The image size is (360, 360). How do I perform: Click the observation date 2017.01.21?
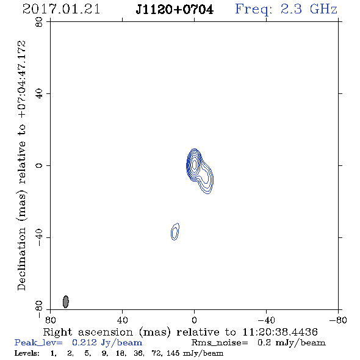[x=61, y=9]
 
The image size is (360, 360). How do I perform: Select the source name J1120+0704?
[x=175, y=10]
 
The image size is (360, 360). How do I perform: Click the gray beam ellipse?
[x=66, y=301]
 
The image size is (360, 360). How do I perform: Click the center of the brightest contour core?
[x=195, y=165]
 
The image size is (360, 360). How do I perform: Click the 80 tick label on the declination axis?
[x=39, y=22]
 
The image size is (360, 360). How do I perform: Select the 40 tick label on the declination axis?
[x=39, y=94]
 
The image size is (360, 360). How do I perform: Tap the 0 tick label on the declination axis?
[x=39, y=165]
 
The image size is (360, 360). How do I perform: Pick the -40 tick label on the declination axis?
[x=39, y=237]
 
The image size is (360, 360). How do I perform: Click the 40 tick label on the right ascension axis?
[x=123, y=320]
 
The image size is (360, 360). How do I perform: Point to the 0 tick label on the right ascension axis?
[x=194, y=320]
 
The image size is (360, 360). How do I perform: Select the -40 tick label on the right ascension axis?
[x=266, y=320]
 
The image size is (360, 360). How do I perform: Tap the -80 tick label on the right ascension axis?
[x=338, y=320]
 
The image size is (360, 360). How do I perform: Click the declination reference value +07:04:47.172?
[x=22, y=79]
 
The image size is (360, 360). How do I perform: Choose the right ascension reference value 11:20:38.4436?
[x=280, y=332]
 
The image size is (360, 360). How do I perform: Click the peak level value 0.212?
[x=84, y=342]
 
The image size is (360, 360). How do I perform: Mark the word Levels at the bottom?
[x=27, y=353]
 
